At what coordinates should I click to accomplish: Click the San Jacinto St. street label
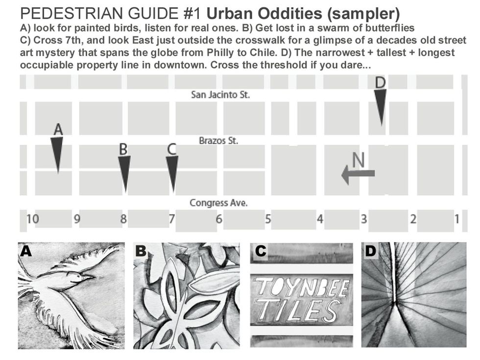click(x=220, y=95)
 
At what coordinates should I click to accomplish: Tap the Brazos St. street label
click(x=218, y=141)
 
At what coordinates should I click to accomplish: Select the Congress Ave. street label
click(x=218, y=203)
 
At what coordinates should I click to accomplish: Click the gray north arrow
click(x=358, y=174)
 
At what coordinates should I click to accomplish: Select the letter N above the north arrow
click(x=359, y=159)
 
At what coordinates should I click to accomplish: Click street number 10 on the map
click(x=32, y=219)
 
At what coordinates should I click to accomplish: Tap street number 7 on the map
click(x=172, y=219)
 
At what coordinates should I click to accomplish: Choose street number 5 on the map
click(x=268, y=219)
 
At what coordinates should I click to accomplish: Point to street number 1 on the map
click(x=456, y=219)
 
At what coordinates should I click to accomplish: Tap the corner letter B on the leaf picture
click(x=141, y=251)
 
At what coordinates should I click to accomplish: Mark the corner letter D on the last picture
click(x=371, y=251)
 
